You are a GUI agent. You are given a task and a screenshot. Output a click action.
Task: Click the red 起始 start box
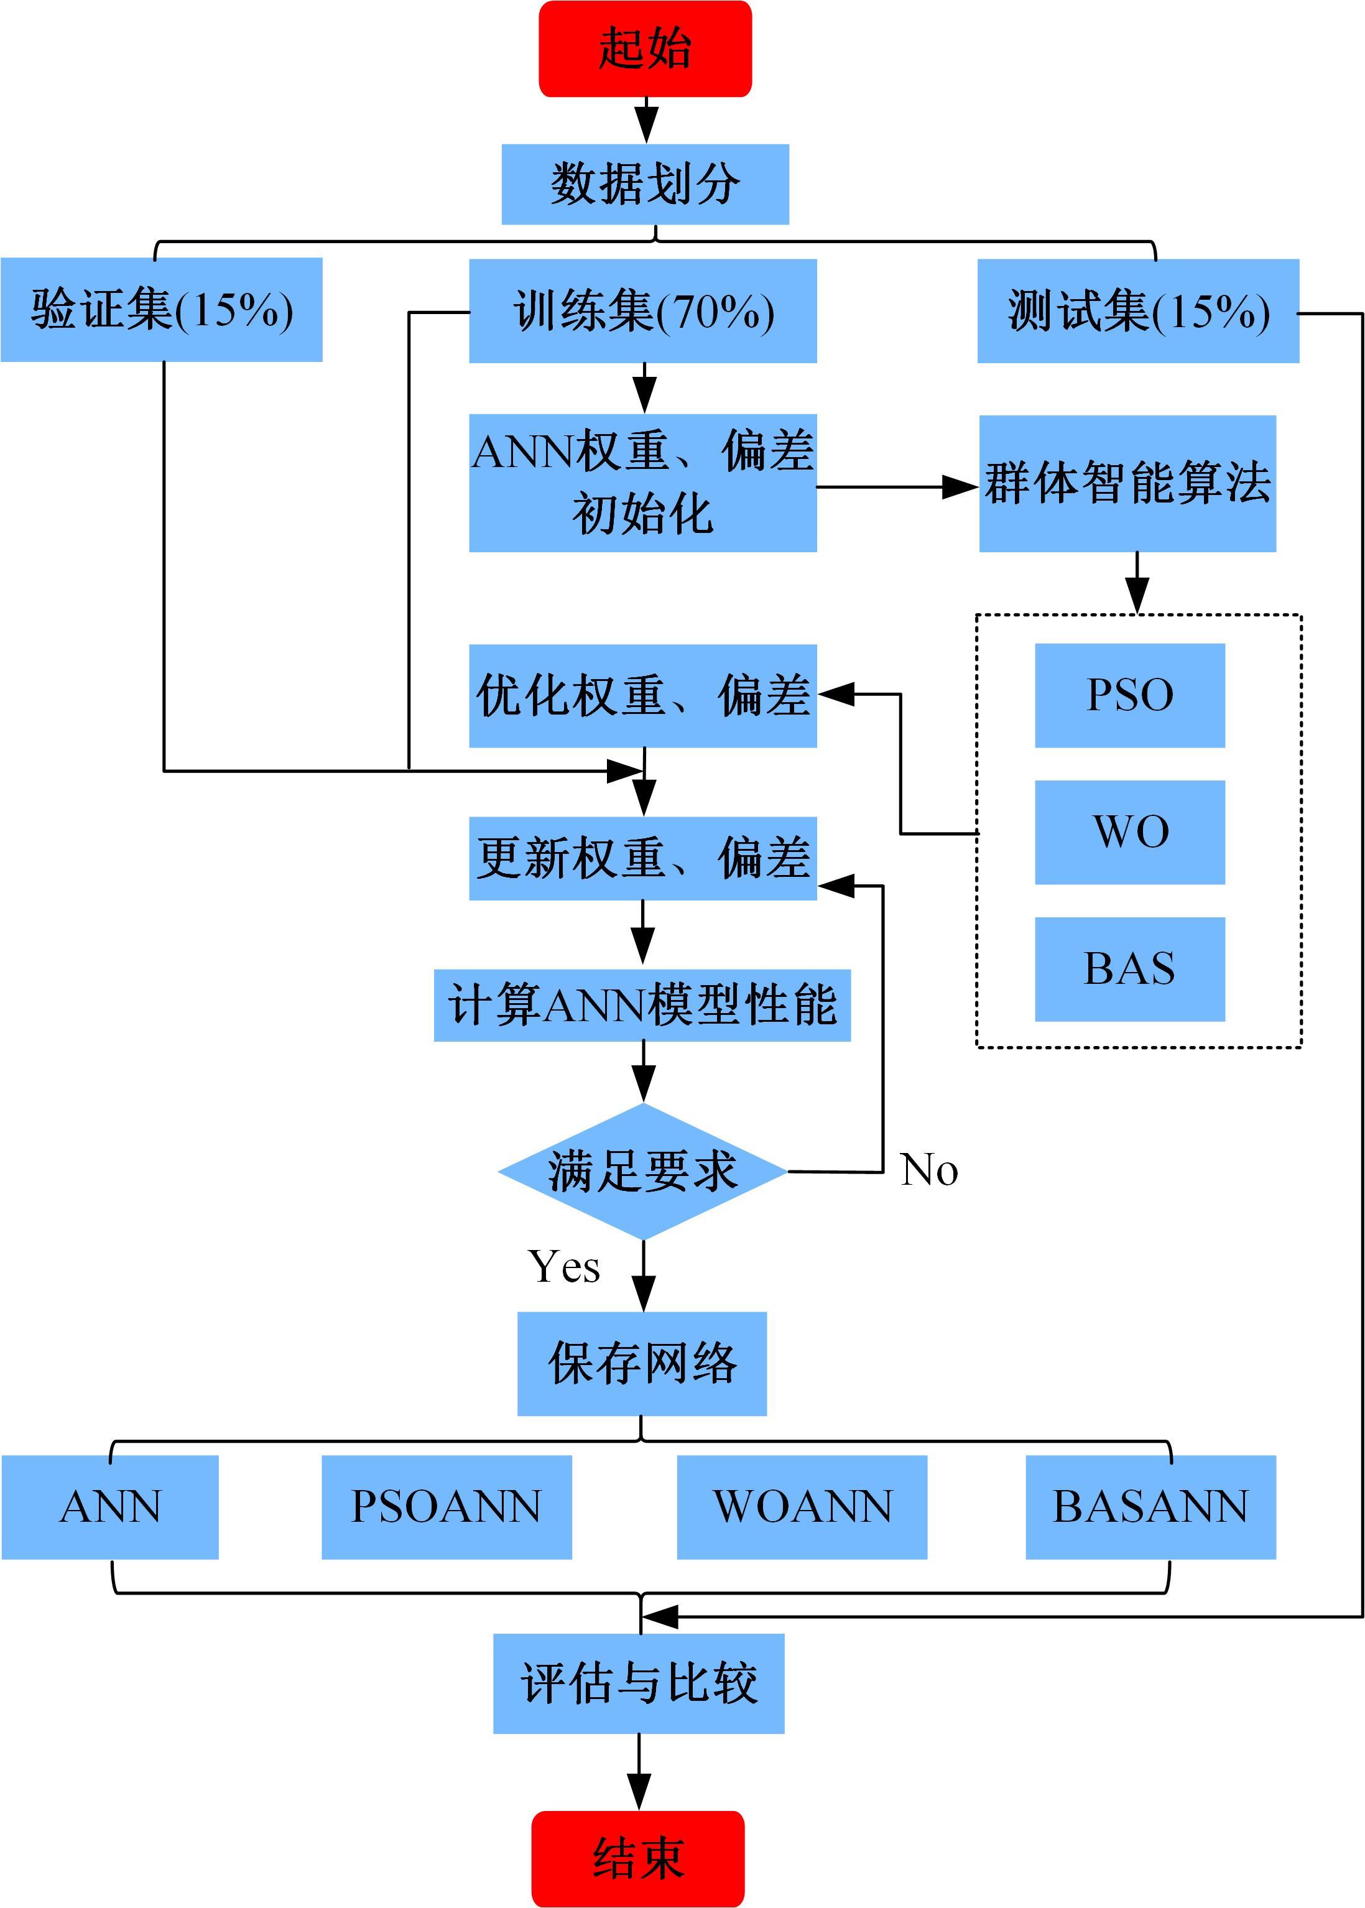coord(645,49)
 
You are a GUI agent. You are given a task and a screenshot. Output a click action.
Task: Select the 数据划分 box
coord(645,184)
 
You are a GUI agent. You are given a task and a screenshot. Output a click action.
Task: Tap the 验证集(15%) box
coord(162,309)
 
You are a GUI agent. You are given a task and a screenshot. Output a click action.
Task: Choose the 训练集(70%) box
coord(643,311)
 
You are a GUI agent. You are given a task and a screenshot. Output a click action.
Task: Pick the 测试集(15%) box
coord(1138,311)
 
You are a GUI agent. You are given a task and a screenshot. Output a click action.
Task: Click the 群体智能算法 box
coord(1127,483)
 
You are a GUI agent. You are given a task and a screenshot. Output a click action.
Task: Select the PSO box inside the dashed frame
coord(1130,695)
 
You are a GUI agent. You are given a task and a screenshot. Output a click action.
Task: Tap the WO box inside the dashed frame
coord(1130,832)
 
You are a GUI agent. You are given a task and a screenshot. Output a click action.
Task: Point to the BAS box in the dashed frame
coord(1130,969)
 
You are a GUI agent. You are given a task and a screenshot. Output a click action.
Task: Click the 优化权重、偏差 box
coord(643,696)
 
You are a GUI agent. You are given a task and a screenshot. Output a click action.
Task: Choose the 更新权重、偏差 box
coord(643,858)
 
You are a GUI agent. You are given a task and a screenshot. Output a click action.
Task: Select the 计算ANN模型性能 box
coord(642,1005)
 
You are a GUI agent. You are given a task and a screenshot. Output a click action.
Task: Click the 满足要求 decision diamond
coord(643,1171)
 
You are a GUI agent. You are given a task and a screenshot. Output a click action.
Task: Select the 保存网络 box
coord(642,1363)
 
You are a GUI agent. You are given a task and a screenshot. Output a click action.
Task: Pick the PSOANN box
coord(447,1507)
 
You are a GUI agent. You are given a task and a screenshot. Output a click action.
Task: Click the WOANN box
coord(802,1507)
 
